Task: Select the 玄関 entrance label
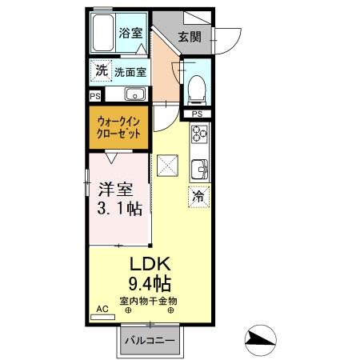(189, 36)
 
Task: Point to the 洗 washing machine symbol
(101, 70)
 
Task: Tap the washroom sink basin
(134, 93)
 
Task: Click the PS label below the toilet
(197, 114)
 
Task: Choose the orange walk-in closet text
(119, 128)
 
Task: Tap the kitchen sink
(198, 169)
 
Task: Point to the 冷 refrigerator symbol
(197, 195)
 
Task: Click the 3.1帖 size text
(120, 210)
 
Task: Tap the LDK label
(150, 265)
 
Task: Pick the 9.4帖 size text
(150, 284)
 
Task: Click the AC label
(102, 307)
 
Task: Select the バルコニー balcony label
(149, 342)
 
